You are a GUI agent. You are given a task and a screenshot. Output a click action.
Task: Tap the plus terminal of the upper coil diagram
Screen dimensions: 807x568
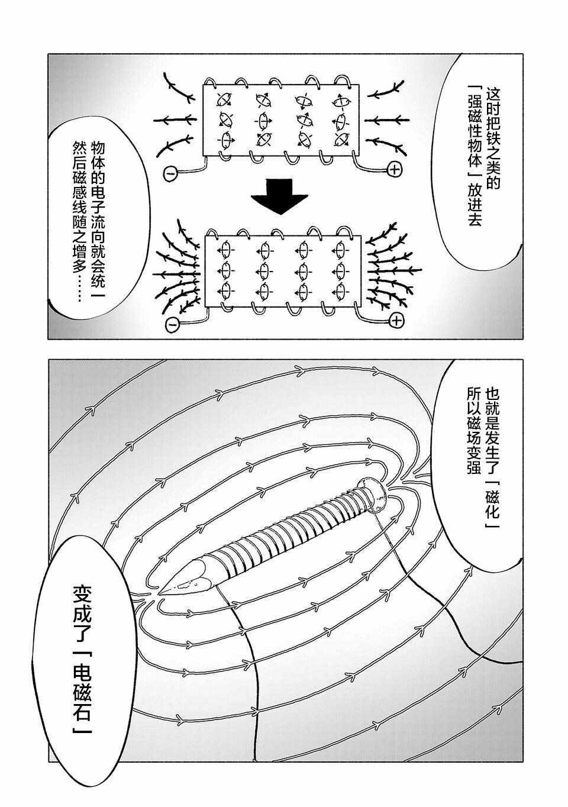[x=395, y=170]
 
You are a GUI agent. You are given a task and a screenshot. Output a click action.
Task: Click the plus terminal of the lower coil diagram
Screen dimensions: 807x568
[x=397, y=321]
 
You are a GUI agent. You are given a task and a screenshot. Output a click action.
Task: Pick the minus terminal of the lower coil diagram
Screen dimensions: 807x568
[x=173, y=324]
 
